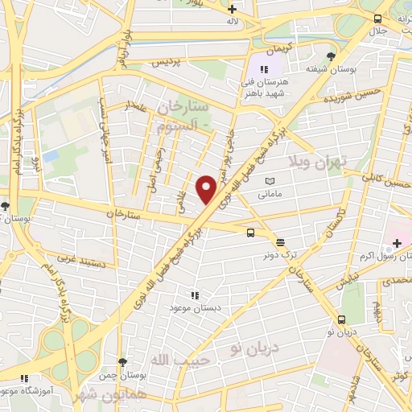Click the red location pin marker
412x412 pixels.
click(x=207, y=190)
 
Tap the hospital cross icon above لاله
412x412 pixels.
click(x=233, y=7)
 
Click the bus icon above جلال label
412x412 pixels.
click(x=377, y=18)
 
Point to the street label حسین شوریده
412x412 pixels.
click(x=347, y=101)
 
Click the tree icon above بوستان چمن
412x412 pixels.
click(x=122, y=363)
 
